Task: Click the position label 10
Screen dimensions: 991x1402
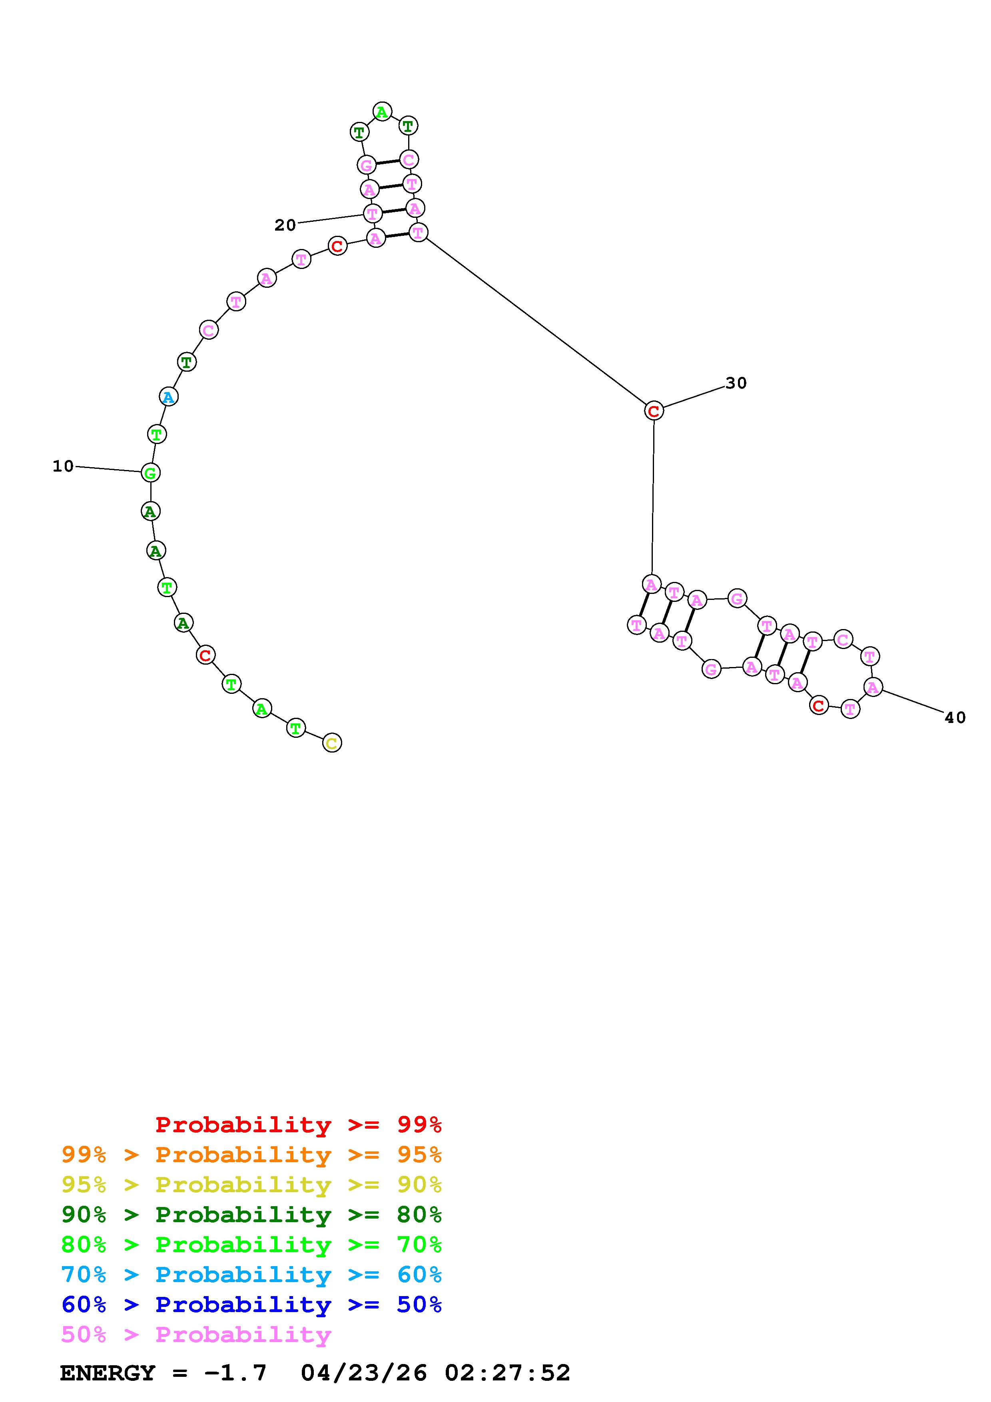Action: click(x=63, y=466)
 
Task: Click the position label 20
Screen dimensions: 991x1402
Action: click(x=285, y=225)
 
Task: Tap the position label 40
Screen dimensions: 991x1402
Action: click(x=955, y=718)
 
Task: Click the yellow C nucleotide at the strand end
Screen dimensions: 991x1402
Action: click(x=331, y=743)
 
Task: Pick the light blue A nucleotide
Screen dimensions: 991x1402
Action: click(x=169, y=397)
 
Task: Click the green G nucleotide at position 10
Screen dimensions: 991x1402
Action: click(x=150, y=473)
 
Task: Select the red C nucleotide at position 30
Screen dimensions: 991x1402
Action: click(x=653, y=411)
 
